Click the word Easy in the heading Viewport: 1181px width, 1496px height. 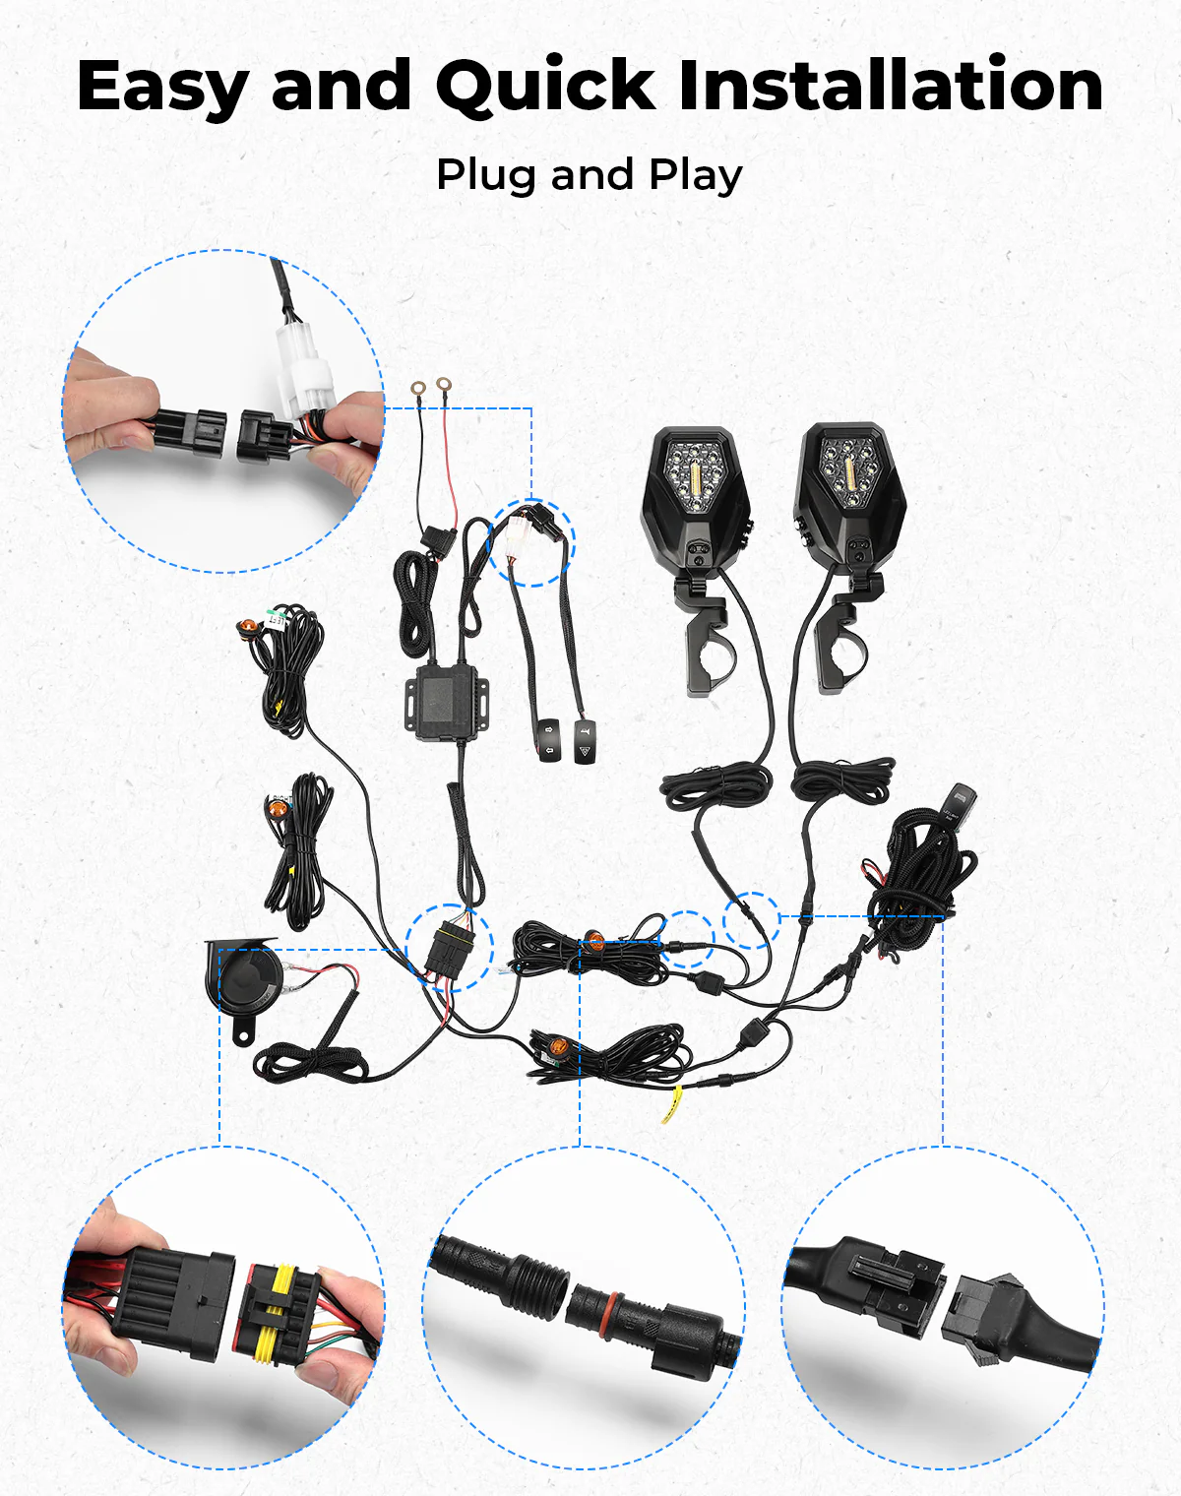coord(162,87)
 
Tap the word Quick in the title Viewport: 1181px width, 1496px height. coord(545,87)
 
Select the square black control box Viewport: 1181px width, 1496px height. coord(445,699)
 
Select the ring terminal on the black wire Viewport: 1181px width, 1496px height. coord(418,389)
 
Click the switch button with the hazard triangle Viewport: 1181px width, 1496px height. coord(585,740)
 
